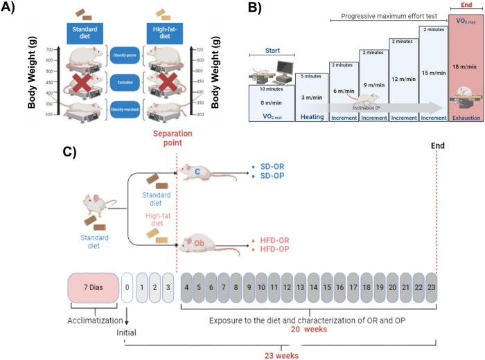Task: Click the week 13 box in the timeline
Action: (x=299, y=287)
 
